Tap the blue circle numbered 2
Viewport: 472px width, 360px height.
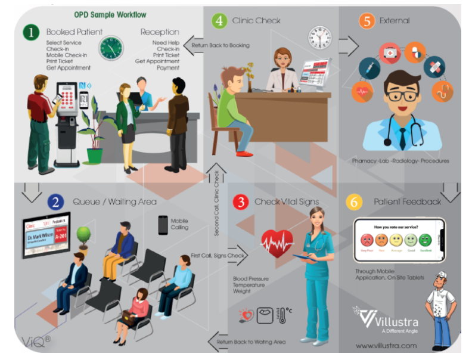click(x=56, y=202)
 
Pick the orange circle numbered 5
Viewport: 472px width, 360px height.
click(x=367, y=20)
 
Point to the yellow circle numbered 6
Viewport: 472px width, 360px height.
click(x=355, y=202)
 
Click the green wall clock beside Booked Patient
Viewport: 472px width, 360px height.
click(x=111, y=48)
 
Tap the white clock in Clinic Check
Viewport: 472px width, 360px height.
click(x=319, y=38)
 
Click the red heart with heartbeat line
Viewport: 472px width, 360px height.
click(x=277, y=243)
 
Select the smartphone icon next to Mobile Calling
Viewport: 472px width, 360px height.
click(x=163, y=224)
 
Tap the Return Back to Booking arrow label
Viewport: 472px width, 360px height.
click(x=220, y=45)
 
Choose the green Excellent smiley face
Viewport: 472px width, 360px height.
click(x=425, y=241)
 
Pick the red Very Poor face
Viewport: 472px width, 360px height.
click(x=366, y=241)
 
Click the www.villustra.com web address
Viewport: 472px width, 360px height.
click(x=385, y=345)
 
